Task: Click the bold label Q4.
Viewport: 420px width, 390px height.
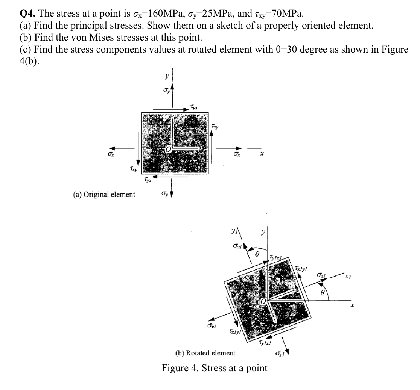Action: (28, 14)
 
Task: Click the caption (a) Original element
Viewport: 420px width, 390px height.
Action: (104, 194)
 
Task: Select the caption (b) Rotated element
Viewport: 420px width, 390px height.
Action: (205, 353)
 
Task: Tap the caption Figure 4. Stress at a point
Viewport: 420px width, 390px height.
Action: (214, 368)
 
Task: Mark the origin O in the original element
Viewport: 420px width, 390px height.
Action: (168, 150)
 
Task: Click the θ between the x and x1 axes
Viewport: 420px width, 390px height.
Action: (323, 293)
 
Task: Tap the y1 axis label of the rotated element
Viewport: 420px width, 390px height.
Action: (234, 231)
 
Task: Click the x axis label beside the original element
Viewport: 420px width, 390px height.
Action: (262, 154)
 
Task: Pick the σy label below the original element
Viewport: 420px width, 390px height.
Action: (165, 193)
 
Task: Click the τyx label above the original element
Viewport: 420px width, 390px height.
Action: (194, 107)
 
